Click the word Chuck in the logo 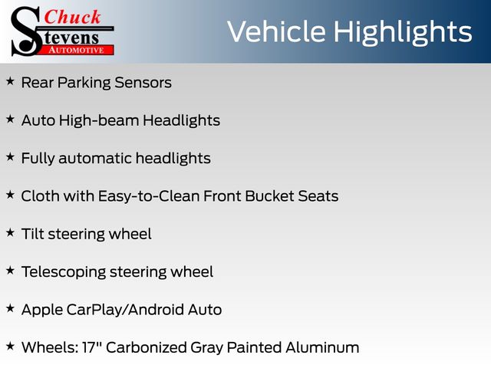tap(72, 17)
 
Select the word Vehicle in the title tap(276, 31)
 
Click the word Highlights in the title tap(402, 32)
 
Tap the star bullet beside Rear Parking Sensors tap(10, 81)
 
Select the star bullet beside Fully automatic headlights tap(10, 156)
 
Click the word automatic tap(95, 159)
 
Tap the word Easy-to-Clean tap(149, 196)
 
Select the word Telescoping tap(64, 272)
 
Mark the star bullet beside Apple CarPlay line tap(10, 308)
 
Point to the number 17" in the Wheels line tap(91, 347)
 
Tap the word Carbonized tap(147, 347)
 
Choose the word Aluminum tap(322, 347)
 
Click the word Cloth tap(41, 196)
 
